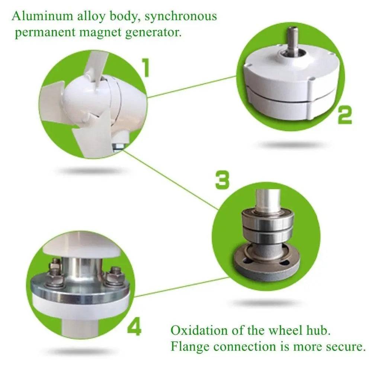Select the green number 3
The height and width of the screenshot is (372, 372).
(x=222, y=180)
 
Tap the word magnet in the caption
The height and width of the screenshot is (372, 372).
(x=101, y=32)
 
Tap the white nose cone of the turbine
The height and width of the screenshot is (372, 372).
(x=84, y=99)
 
